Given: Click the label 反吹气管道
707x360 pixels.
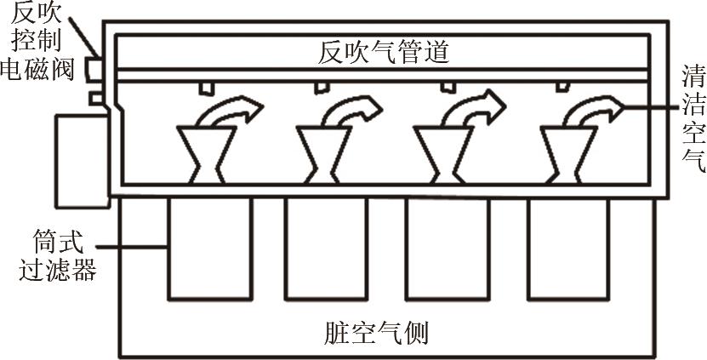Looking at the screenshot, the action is click(383, 54).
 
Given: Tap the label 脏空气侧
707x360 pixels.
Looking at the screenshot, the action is click(376, 333).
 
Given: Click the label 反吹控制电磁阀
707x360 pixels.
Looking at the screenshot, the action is click(37, 42).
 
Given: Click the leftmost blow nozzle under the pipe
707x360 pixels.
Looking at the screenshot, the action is click(205, 89).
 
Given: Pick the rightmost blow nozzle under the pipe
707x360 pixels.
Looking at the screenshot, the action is click(562, 87).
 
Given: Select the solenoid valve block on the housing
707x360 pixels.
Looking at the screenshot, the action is click(94, 70).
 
